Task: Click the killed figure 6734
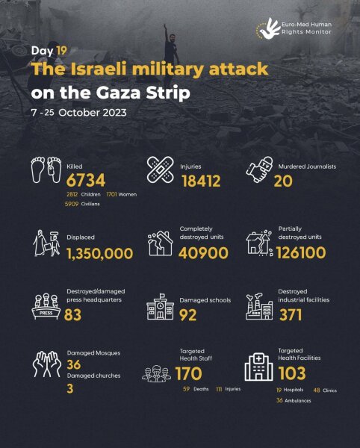click(x=86, y=179)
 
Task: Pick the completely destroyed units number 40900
click(x=205, y=253)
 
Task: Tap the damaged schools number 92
click(x=190, y=316)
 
